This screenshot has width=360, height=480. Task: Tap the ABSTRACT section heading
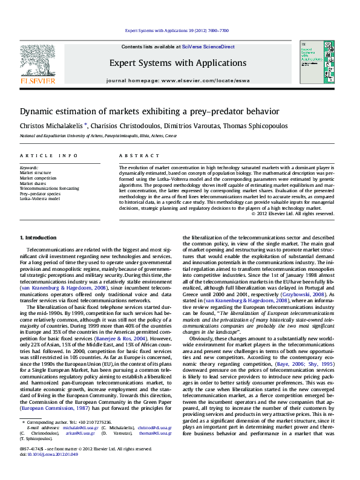[135, 155]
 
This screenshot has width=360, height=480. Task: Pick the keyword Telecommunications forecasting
[49, 189]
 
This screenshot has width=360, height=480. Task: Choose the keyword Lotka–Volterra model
[40, 198]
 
